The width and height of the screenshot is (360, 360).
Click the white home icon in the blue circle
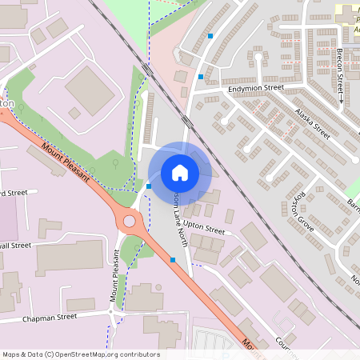pos(180,173)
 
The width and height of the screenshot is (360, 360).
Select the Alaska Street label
pos(312,123)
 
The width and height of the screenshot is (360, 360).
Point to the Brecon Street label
pos(341,67)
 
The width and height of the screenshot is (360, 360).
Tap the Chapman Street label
pos(50,317)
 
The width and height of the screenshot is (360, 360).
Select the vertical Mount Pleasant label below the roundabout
pos(114,276)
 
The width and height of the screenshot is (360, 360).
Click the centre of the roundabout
pos(127,221)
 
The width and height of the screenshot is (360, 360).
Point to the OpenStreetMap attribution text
pos(81,354)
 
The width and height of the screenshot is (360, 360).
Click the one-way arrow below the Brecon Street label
pos(342,100)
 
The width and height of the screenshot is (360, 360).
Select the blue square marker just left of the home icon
pos(149,186)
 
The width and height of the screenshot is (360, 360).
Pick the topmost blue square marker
pos(210,36)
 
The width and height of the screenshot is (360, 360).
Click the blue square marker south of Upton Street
pos(173,259)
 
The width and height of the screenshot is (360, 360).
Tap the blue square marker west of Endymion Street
pos(200,77)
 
